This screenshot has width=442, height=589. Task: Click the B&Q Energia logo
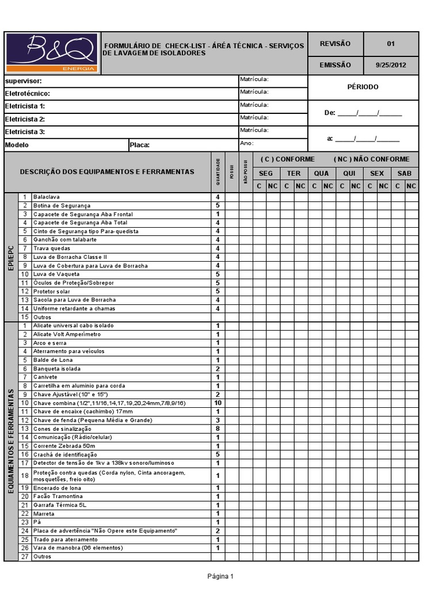tap(52, 53)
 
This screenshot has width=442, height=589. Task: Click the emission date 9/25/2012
tap(391, 65)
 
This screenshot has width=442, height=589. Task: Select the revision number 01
tap(391, 44)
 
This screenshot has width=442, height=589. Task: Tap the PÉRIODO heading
tap(364, 87)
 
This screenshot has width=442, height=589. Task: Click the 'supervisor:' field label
tap(24, 81)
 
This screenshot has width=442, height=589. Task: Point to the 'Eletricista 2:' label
tap(25, 119)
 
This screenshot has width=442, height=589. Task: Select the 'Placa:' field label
tap(140, 145)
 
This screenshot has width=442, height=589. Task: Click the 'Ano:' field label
tap(247, 143)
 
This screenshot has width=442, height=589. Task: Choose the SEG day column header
tap(266, 173)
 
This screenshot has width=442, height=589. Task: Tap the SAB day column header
tap(405, 173)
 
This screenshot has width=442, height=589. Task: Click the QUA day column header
tap(321, 173)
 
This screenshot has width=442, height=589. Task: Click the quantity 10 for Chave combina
tap(218, 403)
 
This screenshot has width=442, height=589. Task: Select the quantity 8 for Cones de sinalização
tap(218, 429)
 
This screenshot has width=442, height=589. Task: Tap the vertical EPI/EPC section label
tap(11, 257)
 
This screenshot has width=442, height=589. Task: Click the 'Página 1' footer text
tap(220, 576)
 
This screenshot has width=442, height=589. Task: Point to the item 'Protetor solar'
tap(52, 292)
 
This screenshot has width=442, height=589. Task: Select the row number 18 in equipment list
tap(25, 476)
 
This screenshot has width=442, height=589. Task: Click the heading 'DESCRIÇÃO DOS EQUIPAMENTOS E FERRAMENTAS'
tap(108, 171)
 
